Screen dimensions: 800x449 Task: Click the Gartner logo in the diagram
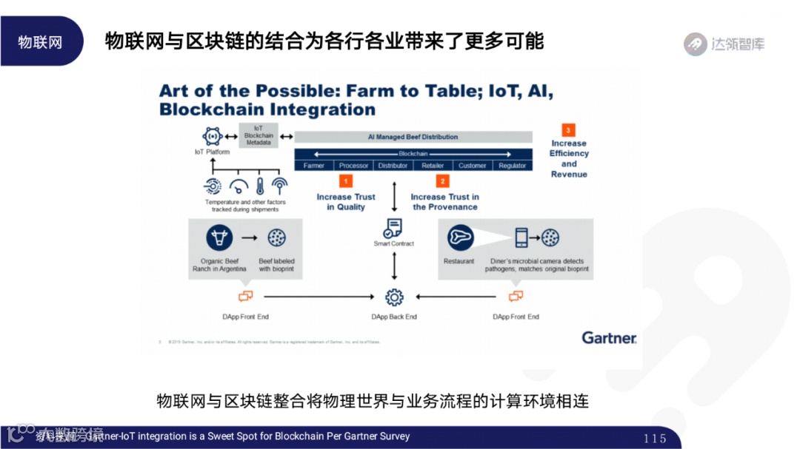point(609,337)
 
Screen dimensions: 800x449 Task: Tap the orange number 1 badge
point(345,181)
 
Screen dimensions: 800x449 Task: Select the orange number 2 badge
point(443,181)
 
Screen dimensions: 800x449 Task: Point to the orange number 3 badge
point(568,129)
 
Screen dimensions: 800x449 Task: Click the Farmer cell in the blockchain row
point(314,166)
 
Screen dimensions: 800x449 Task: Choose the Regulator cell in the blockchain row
point(512,166)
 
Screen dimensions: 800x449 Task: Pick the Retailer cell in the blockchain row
point(433,166)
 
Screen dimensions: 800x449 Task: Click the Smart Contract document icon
point(393,228)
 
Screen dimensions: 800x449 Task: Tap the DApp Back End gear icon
point(394,297)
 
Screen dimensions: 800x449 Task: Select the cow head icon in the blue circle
point(219,238)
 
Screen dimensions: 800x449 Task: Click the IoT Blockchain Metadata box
point(259,135)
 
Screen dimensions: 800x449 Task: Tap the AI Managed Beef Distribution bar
point(413,137)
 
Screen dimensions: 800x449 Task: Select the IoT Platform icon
point(212,137)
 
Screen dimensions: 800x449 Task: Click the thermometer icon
point(260,186)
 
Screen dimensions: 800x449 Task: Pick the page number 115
point(655,438)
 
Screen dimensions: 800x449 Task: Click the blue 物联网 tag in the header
point(41,41)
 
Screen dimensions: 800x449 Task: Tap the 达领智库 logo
point(724,44)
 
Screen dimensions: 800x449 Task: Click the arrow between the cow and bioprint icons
point(250,238)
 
